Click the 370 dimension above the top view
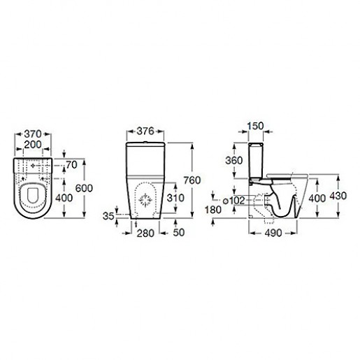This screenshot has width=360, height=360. coord(33,134)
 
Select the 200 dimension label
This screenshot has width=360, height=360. coord(33,145)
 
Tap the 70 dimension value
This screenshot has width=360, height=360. coord(71,165)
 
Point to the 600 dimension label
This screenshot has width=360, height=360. coord(84,188)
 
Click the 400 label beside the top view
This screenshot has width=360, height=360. coord(64,198)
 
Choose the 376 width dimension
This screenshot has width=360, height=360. coord(145,131)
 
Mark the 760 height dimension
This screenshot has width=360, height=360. coord(192,180)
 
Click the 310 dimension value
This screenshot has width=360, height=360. coord(175,198)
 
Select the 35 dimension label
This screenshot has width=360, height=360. coord(108,216)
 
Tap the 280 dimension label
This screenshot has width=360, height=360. coord(145,233)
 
